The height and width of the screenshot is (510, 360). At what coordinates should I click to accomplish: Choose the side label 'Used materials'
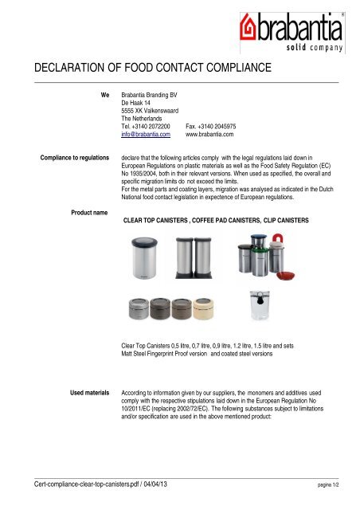88,394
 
